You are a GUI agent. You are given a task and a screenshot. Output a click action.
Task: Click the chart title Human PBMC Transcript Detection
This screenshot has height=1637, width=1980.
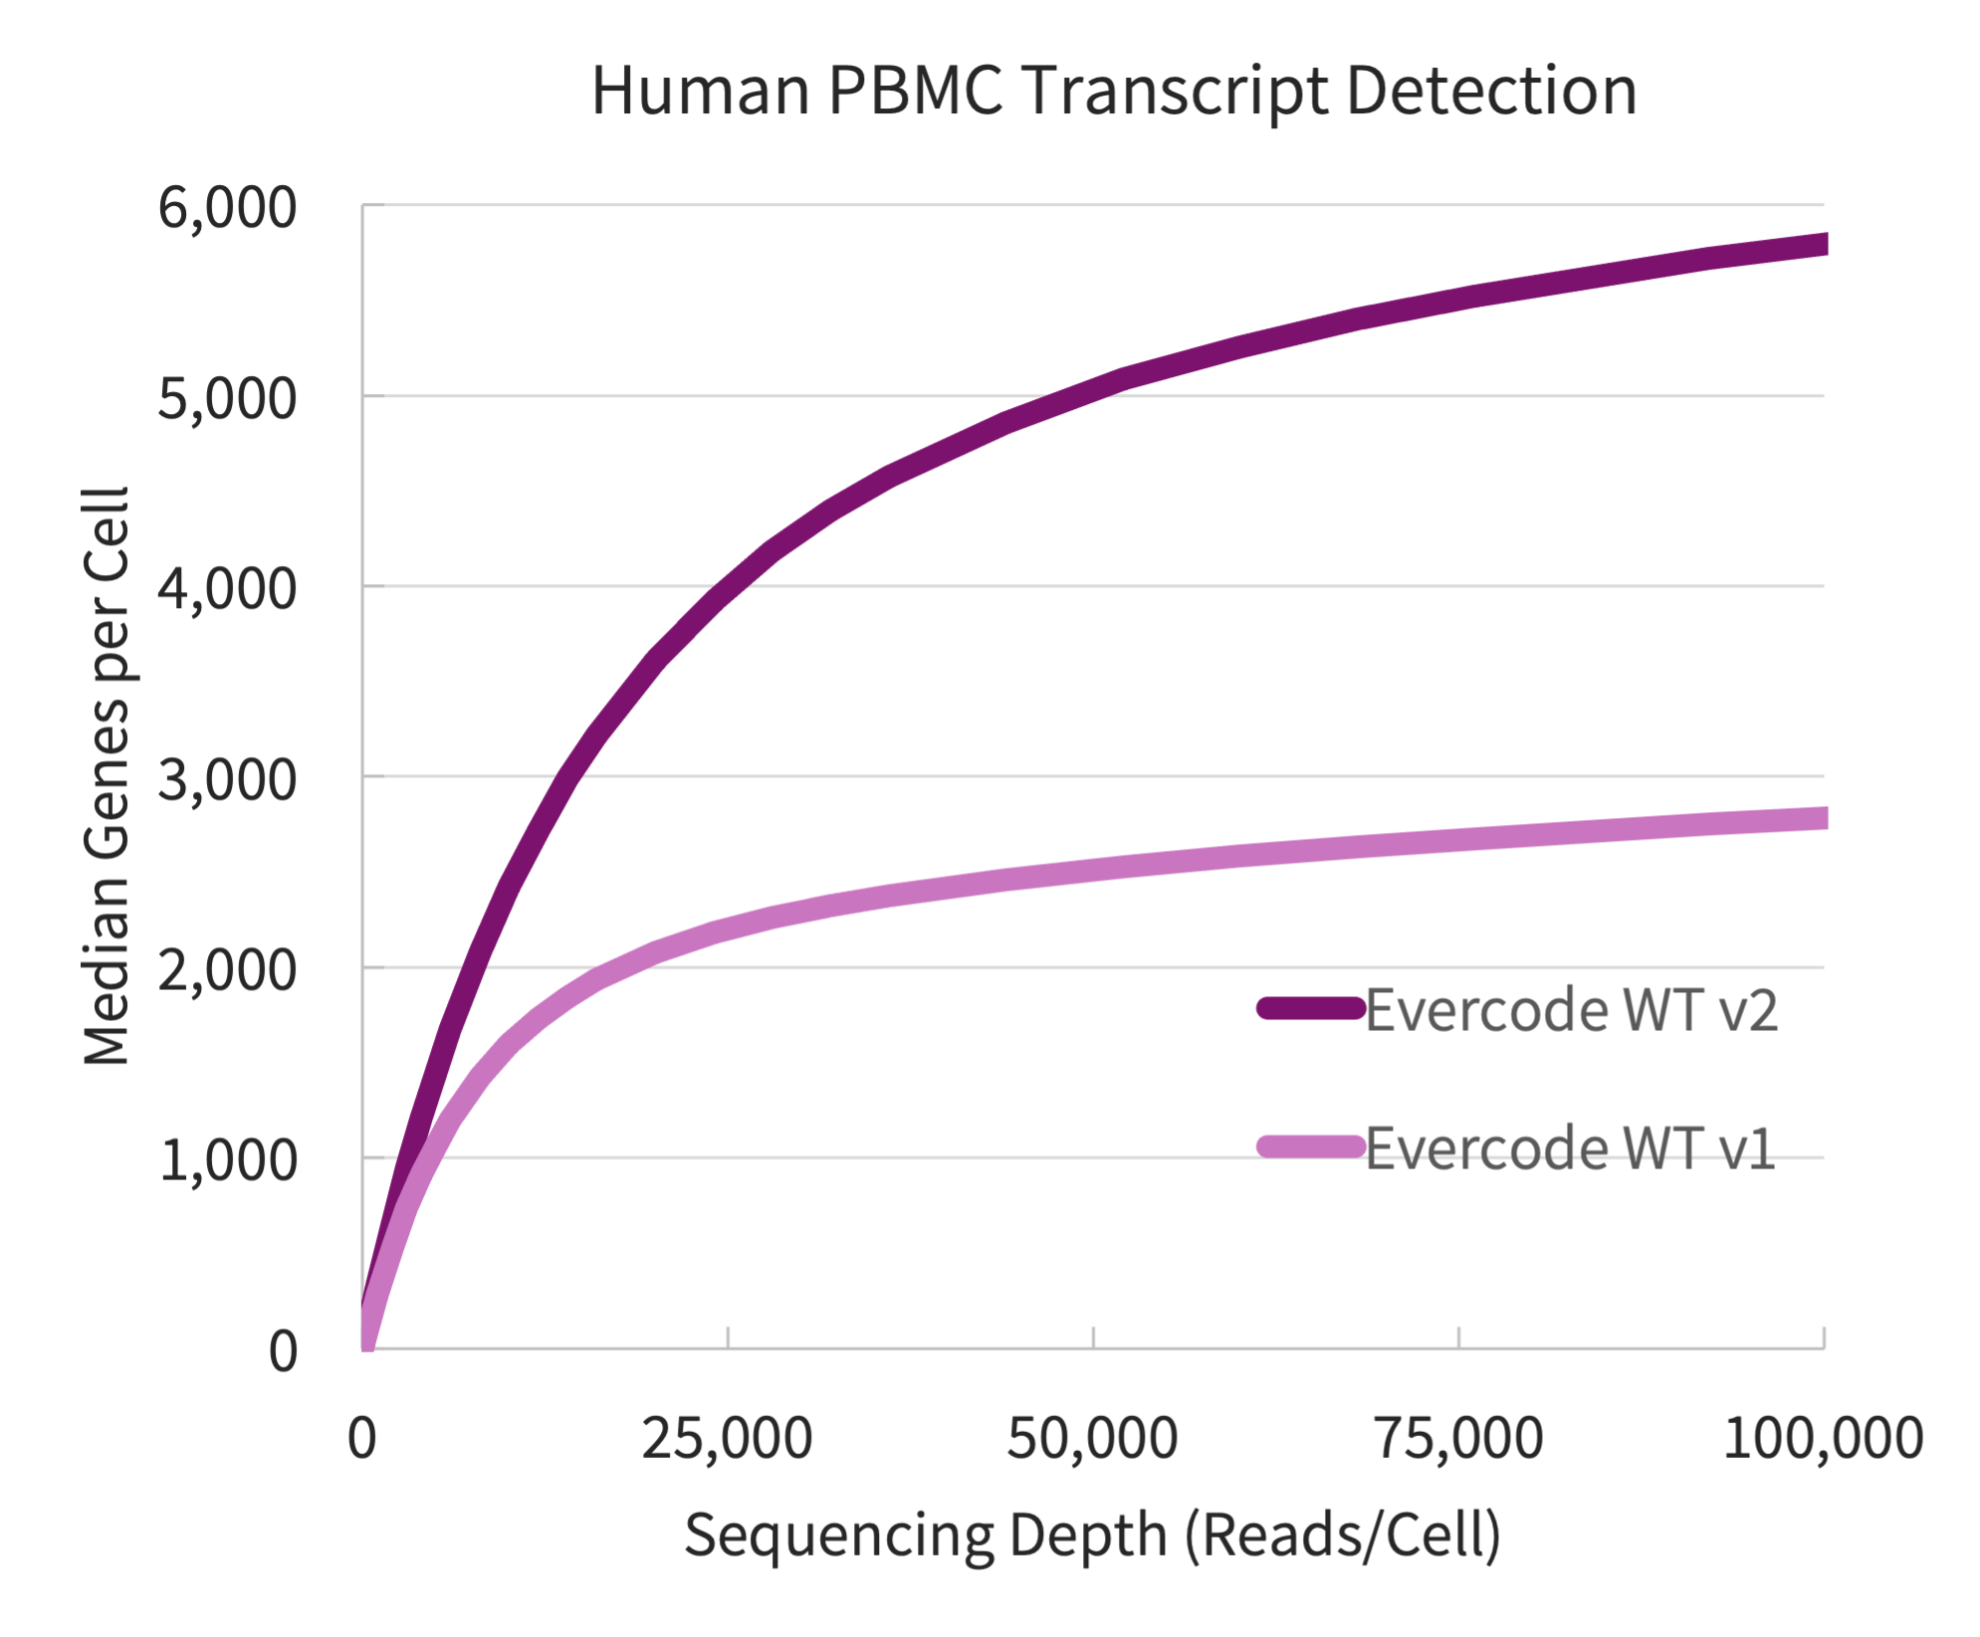click(1113, 92)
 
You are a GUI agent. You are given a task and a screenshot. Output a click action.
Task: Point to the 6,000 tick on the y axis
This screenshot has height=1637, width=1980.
click(227, 209)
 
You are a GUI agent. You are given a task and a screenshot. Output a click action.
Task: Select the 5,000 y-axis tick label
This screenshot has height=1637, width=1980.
click(227, 399)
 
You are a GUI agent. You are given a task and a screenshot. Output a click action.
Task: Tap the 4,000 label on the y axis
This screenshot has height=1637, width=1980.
click(227, 589)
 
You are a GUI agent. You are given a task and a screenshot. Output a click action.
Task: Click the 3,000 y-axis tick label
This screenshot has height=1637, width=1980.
click(227, 779)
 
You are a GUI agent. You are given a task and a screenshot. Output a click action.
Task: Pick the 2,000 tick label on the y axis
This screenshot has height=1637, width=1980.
click(227, 969)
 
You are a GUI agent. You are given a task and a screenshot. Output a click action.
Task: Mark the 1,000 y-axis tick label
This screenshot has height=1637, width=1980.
click(227, 1160)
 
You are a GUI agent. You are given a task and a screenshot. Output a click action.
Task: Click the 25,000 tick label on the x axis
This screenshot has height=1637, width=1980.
click(727, 1439)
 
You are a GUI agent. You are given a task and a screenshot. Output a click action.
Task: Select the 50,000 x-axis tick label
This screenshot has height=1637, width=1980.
click(1092, 1439)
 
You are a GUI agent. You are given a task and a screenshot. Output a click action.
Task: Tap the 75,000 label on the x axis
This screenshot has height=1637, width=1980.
click(1458, 1439)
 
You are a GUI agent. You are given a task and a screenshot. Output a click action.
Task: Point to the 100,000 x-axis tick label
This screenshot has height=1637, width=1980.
click(1822, 1439)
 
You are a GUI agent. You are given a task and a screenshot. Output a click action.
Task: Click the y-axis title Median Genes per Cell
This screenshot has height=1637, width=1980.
click(108, 776)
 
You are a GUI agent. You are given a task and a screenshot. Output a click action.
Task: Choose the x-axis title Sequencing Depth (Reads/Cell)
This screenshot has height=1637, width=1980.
click(1092, 1535)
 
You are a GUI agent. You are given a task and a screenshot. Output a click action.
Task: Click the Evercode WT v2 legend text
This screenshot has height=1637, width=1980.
click(1571, 1010)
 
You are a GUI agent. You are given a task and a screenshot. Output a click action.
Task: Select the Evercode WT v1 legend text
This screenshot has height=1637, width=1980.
click(1570, 1148)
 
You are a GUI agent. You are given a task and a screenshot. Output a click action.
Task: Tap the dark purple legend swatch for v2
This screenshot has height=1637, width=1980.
click(1310, 1008)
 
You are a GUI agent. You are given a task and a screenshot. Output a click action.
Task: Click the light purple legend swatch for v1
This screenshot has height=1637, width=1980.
click(1310, 1146)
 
